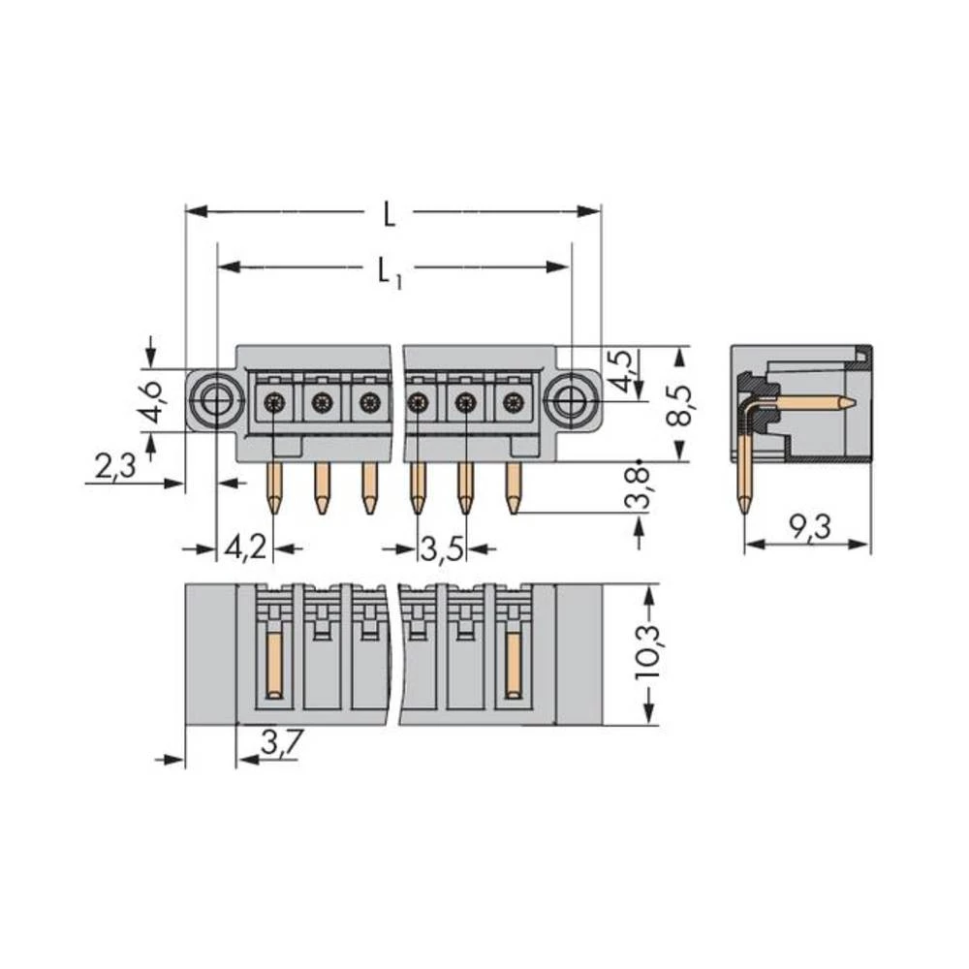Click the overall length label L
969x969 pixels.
click(x=389, y=214)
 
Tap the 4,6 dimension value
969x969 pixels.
click(x=148, y=404)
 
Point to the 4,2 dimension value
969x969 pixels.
click(x=244, y=548)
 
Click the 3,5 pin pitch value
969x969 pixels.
click(x=440, y=548)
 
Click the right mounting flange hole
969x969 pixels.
click(x=571, y=398)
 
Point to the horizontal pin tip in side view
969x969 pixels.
click(x=845, y=402)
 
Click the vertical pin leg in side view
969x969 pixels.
click(x=743, y=470)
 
